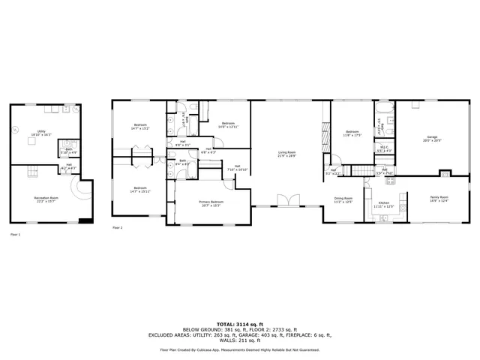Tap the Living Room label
(287, 154)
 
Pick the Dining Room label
(343, 199)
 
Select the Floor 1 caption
(15, 234)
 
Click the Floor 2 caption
(117, 227)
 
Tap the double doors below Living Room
(287, 200)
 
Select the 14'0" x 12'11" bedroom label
(228, 125)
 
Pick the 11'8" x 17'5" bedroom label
(352, 135)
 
